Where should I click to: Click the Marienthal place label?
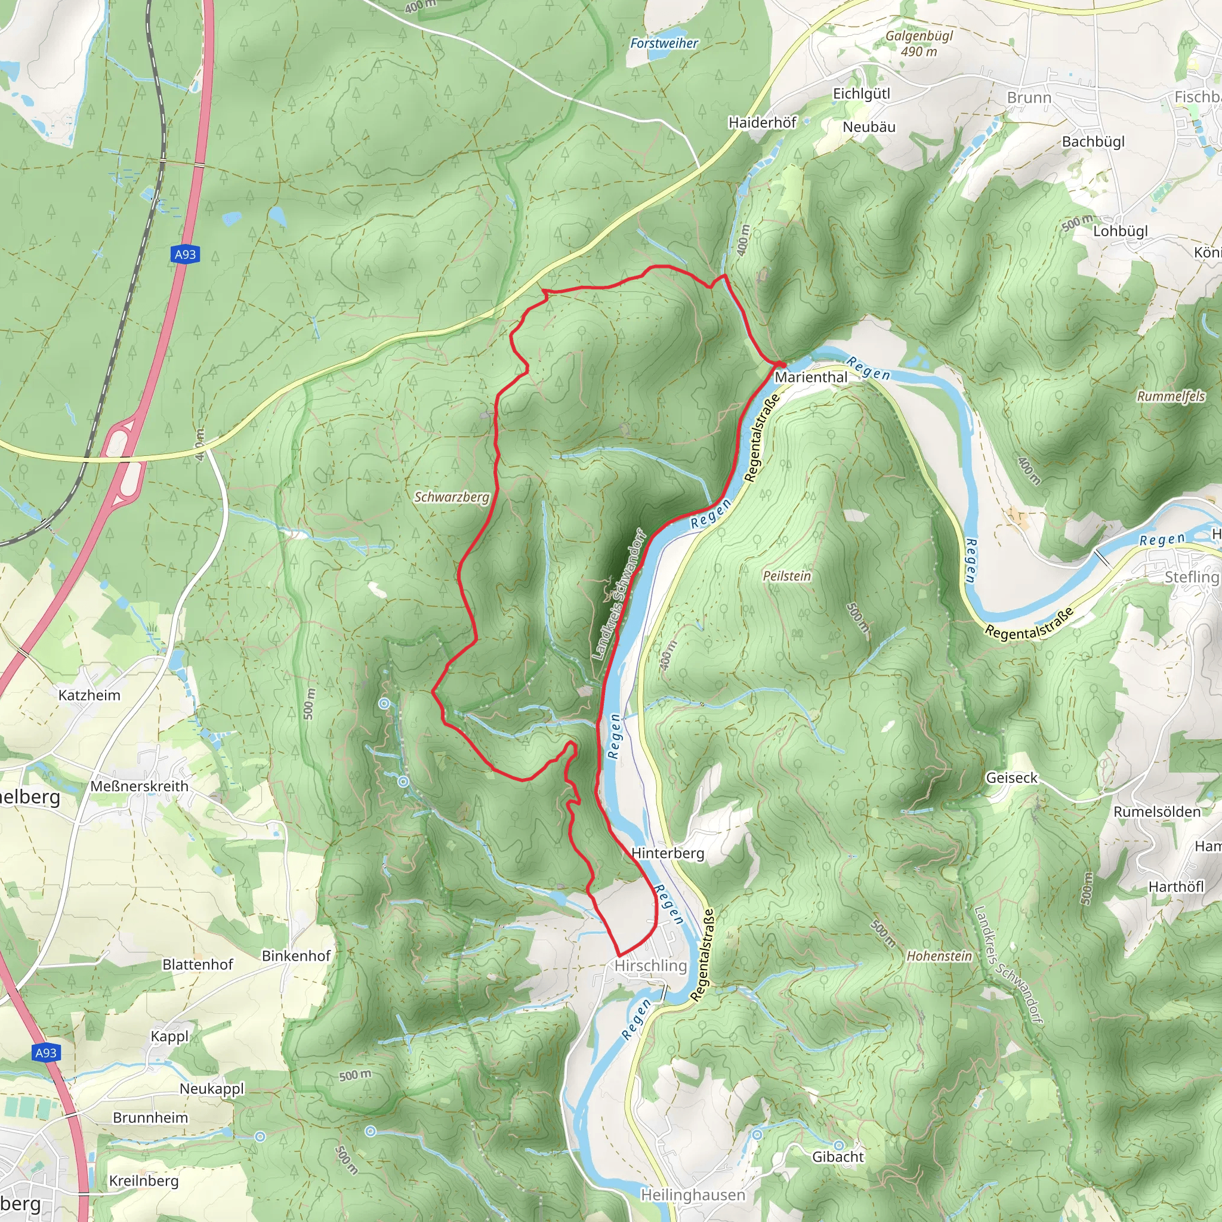[x=811, y=377]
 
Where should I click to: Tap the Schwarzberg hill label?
[x=452, y=497]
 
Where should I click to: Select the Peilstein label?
[x=786, y=576]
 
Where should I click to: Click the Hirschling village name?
[x=651, y=965]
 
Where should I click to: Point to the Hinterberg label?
[x=667, y=853]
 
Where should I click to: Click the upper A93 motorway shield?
[x=185, y=254]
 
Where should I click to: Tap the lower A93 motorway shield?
[x=45, y=1053]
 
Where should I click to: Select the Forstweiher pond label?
[x=664, y=43]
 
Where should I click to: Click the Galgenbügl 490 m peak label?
[x=919, y=43]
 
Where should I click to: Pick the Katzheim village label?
[x=89, y=695]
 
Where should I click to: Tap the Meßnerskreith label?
[x=139, y=786]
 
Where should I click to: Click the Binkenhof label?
[x=296, y=956]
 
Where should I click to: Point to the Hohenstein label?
[x=939, y=956]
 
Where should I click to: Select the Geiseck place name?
[x=1011, y=778]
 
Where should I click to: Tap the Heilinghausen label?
[x=693, y=1195]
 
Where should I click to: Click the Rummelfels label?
[x=1171, y=396]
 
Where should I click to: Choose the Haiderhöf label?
[x=762, y=122]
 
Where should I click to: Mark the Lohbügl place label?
[x=1120, y=231]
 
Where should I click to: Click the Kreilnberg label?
[x=144, y=1180]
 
